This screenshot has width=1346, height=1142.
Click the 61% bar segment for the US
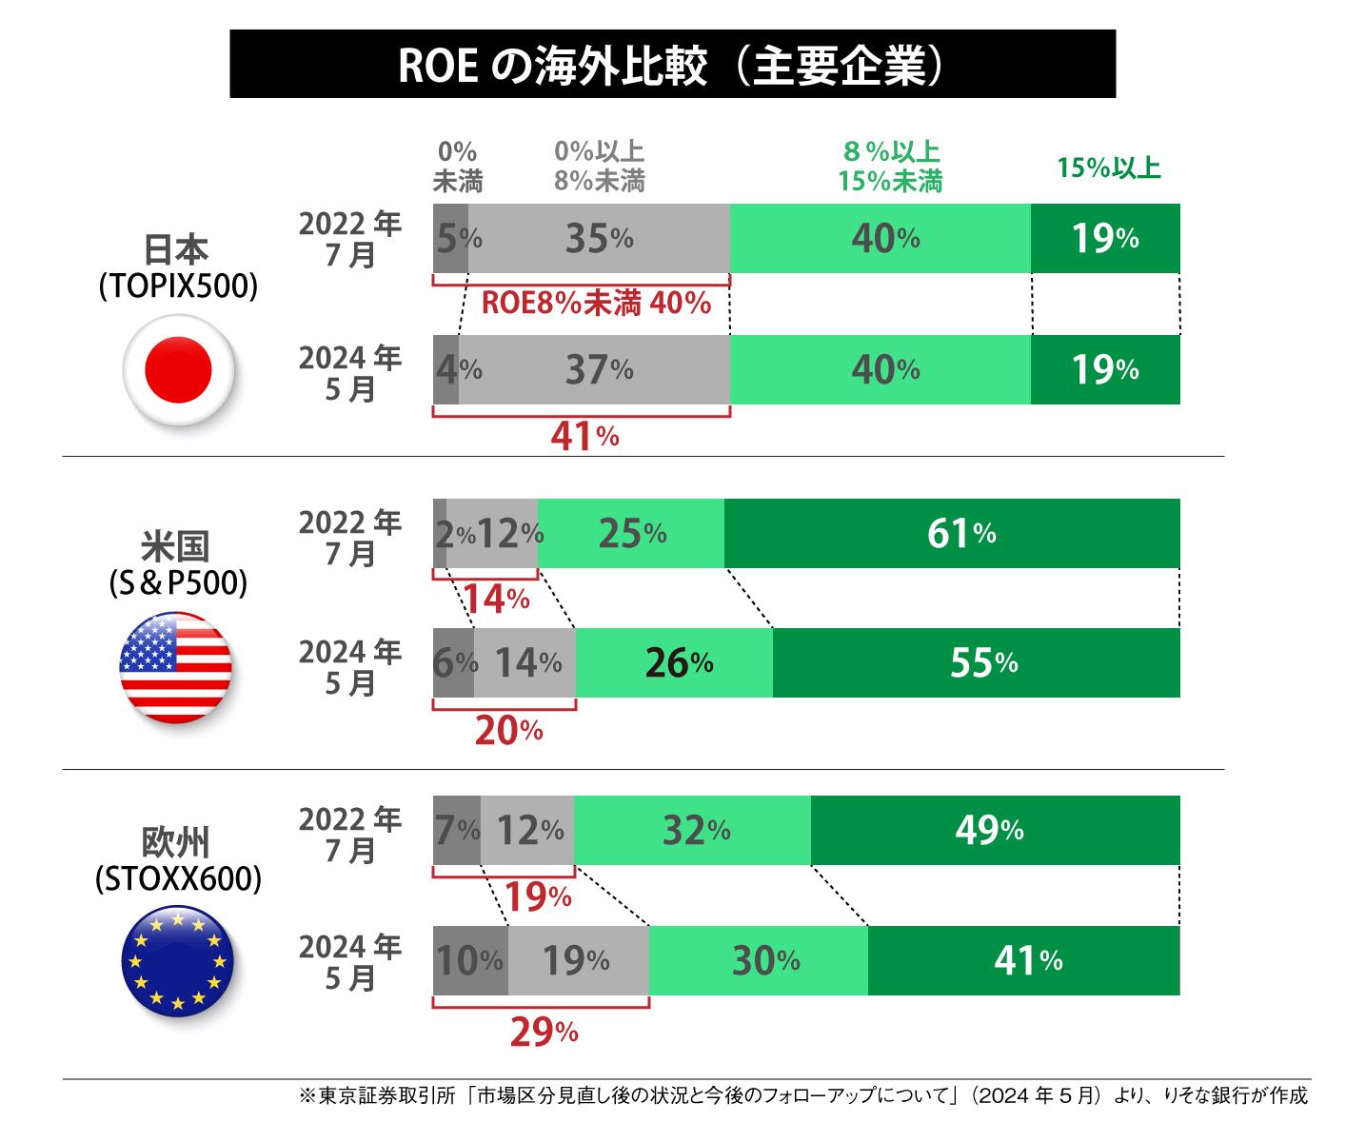pyautogui.click(x=952, y=534)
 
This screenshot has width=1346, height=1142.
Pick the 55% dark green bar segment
pyautogui.click(x=976, y=663)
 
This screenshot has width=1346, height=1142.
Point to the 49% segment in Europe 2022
pyautogui.click(x=995, y=831)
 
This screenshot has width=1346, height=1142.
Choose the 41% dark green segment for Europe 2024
pyautogui.click(x=1023, y=961)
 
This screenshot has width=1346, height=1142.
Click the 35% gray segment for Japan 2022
pyautogui.click(x=599, y=239)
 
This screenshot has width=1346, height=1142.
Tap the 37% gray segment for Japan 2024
pyautogui.click(x=595, y=369)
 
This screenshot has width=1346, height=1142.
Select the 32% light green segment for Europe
pyautogui.click(x=693, y=831)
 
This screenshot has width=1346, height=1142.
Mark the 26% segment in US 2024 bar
pyautogui.click(x=675, y=663)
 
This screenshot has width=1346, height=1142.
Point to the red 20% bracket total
pyautogui.click(x=507, y=730)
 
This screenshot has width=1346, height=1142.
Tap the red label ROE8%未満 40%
pyautogui.click(x=596, y=304)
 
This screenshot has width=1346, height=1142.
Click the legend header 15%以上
pyautogui.click(x=1108, y=168)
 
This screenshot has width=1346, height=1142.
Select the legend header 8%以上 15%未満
pyautogui.click(x=890, y=167)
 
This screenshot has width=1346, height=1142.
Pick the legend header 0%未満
pyautogui.click(x=457, y=167)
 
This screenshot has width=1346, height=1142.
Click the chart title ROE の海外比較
pyautogui.click(x=672, y=65)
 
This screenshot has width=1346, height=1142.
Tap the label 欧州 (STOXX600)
pyautogui.click(x=177, y=862)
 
